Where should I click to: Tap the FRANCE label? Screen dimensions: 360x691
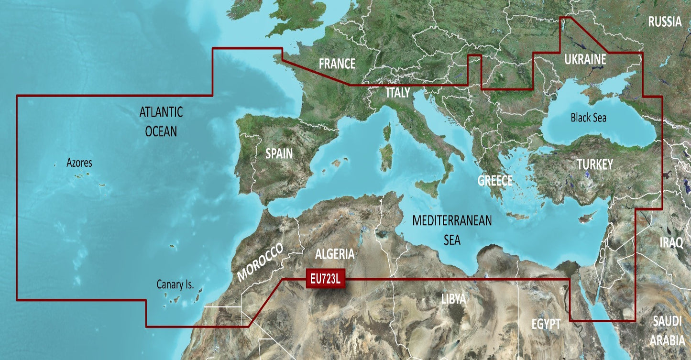pyautogui.click(x=337, y=64)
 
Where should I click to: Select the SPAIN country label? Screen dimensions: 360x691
pyautogui.click(x=279, y=154)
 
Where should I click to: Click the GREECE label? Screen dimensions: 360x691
pyautogui.click(x=495, y=181)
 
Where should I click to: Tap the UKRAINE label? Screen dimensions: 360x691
pyautogui.click(x=585, y=60)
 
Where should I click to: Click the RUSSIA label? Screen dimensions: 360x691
pyautogui.click(x=665, y=22)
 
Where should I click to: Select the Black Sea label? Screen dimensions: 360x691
pyautogui.click(x=588, y=118)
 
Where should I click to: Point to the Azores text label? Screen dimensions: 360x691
pyautogui.click(x=79, y=164)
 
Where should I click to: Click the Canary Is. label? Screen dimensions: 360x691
pyautogui.click(x=175, y=285)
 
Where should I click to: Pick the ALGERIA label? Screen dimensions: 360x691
pyautogui.click(x=335, y=254)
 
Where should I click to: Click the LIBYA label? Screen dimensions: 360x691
pyautogui.click(x=453, y=300)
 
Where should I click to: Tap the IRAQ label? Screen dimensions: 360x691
pyautogui.click(x=671, y=243)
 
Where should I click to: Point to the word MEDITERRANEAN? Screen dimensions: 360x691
pyautogui.click(x=452, y=221)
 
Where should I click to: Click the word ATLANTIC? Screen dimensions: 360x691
pyautogui.click(x=161, y=112)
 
